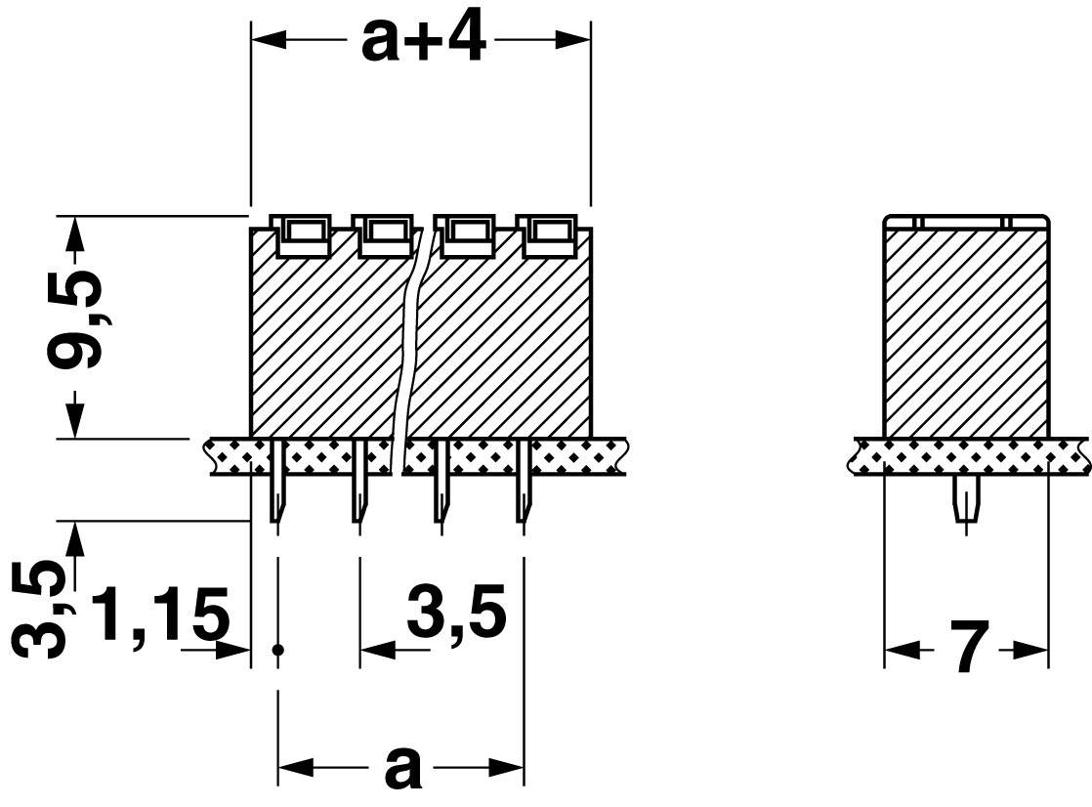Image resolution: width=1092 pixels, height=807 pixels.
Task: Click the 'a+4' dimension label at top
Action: pos(423,40)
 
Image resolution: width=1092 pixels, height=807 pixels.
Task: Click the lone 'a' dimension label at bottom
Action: pos(401,767)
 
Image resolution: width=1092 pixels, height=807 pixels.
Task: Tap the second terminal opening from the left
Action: pos(386,233)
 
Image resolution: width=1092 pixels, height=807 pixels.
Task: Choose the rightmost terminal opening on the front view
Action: pos(553,233)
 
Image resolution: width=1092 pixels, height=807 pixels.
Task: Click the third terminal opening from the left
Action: pos(469,233)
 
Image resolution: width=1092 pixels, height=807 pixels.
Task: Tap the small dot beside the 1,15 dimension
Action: pos(278,650)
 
